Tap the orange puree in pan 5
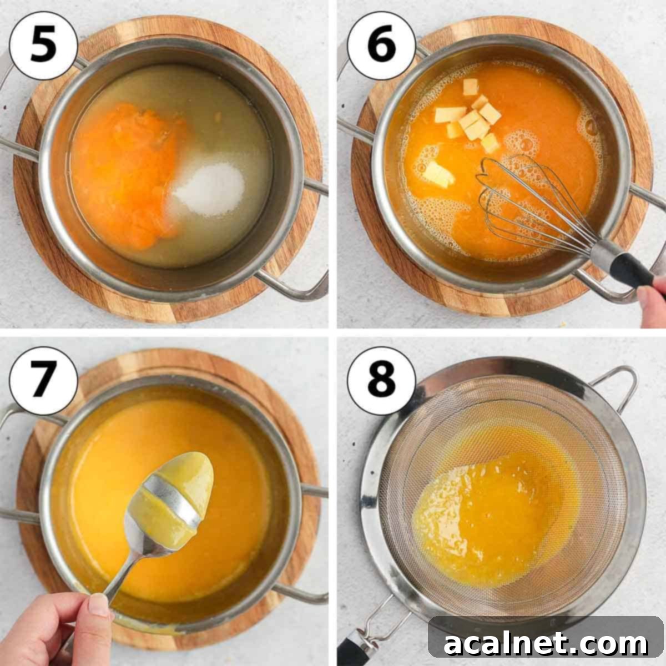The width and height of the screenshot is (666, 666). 125,167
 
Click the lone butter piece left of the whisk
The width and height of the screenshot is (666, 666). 438,175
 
